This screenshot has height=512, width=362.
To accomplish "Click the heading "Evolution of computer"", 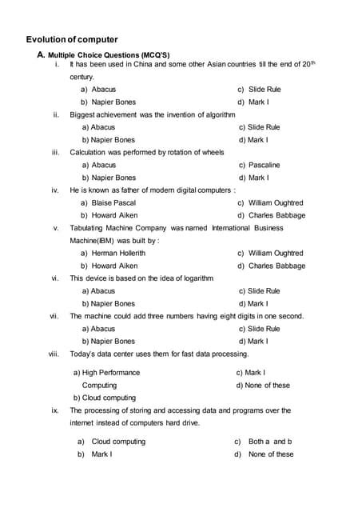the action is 72,39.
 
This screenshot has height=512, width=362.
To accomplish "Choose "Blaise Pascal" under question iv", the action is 113,203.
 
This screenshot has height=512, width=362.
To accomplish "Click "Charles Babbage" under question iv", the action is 276,215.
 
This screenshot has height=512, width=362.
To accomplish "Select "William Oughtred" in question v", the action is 276,254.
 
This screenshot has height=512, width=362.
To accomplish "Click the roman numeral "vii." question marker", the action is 54,316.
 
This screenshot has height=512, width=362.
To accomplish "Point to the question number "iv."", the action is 55,190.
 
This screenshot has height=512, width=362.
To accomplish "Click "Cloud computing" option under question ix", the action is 118,442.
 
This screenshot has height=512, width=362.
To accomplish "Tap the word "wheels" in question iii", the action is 211,152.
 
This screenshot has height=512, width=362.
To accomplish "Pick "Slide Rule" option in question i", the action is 267,90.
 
